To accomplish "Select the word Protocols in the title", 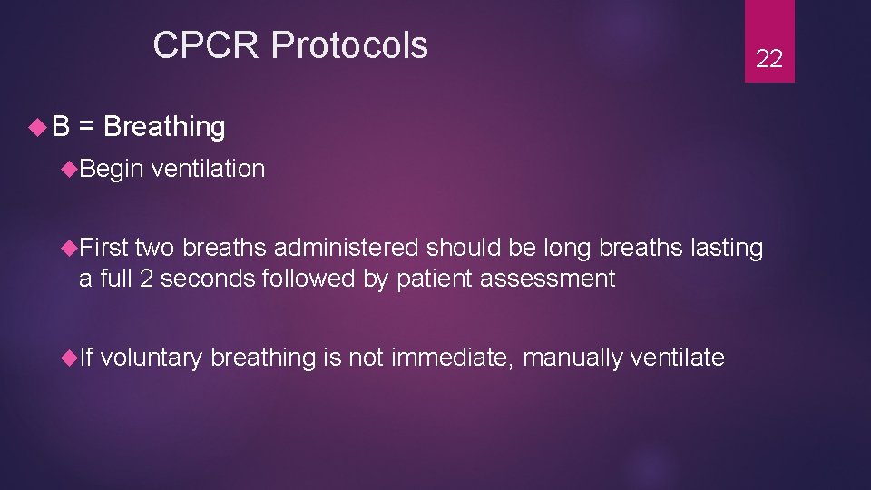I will click(349, 44).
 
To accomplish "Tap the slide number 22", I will click(769, 60).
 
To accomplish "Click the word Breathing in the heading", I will click(164, 127).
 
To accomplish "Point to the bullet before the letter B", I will click(37, 127).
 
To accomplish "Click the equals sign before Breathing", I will click(87, 127).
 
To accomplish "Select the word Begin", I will click(112, 169).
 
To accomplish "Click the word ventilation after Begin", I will click(209, 169).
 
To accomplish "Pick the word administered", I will click(347, 248).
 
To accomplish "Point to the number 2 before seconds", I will click(145, 278).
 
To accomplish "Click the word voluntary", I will click(152, 358).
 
